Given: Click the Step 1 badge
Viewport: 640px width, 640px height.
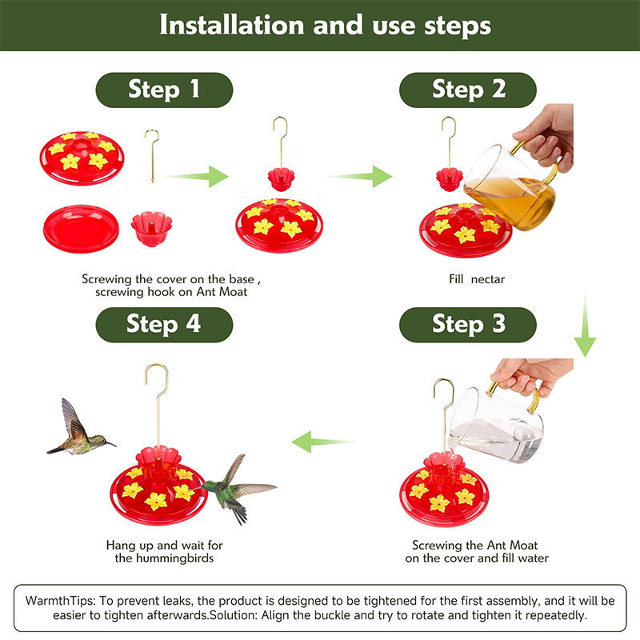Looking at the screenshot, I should tap(164, 89).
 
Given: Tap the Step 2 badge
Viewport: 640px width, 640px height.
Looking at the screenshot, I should tap(468, 89).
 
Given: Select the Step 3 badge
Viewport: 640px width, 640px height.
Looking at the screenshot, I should tap(468, 324).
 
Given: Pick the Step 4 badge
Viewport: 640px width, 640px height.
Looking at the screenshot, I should tap(164, 324).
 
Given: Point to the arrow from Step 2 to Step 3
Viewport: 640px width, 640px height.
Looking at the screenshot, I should tap(586, 328).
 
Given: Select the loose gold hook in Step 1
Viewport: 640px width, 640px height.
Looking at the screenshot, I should tap(151, 156).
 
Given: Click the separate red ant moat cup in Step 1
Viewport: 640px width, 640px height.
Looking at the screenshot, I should tap(151, 230).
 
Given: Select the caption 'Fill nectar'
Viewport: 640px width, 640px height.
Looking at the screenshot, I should tap(476, 279).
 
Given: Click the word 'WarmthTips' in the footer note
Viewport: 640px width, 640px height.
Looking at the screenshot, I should tap(57, 600).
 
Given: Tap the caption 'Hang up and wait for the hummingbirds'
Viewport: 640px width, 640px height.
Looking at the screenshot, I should tap(164, 551).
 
